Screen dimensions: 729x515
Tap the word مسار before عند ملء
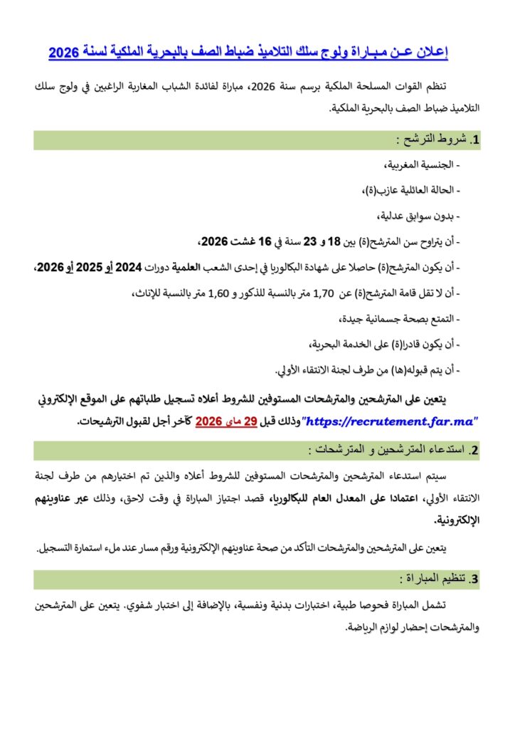[169, 548]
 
